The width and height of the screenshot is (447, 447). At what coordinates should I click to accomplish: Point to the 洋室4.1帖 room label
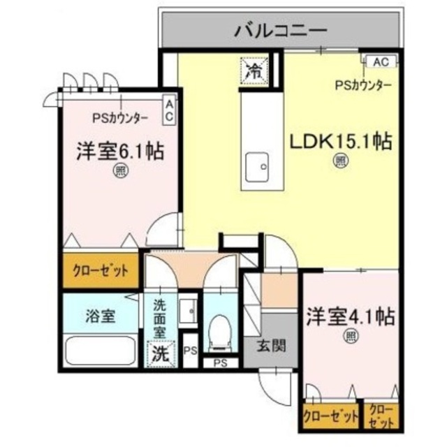[x=350, y=317]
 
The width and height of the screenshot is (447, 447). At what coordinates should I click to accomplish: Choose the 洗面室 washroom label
[x=160, y=318]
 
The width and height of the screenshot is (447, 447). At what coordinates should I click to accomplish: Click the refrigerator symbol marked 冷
[x=252, y=69]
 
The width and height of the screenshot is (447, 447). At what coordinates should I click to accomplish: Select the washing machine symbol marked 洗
[x=160, y=353]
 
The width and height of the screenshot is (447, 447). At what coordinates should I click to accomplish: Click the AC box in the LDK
[x=380, y=61]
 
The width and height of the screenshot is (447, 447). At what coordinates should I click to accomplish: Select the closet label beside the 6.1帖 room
[x=101, y=271]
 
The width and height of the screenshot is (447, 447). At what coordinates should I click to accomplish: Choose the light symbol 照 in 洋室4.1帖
[x=349, y=337]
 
